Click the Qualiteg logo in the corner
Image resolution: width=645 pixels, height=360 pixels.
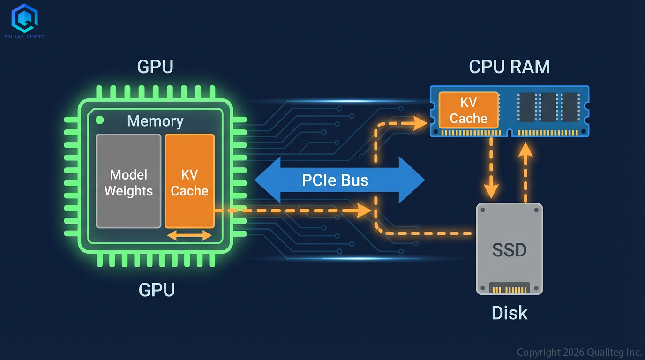click(x=24, y=21)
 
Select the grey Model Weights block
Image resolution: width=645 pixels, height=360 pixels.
click(x=128, y=181)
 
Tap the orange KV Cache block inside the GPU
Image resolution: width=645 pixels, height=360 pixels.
click(x=189, y=181)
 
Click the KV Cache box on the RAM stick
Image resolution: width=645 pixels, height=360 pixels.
click(x=468, y=111)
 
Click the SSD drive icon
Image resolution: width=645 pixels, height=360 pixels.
click(x=510, y=248)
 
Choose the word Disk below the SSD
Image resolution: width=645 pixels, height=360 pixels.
click(x=510, y=313)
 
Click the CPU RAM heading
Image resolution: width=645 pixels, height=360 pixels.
click(x=510, y=67)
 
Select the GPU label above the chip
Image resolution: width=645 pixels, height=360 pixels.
click(x=155, y=67)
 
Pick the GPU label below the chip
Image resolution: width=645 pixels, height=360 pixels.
click(x=157, y=290)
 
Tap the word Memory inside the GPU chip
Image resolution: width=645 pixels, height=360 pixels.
click(x=155, y=121)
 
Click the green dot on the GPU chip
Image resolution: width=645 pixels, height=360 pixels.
click(x=100, y=120)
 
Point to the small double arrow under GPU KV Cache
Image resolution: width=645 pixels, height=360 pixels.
click(x=189, y=236)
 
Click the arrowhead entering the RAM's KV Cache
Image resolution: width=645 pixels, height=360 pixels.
click(x=420, y=123)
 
